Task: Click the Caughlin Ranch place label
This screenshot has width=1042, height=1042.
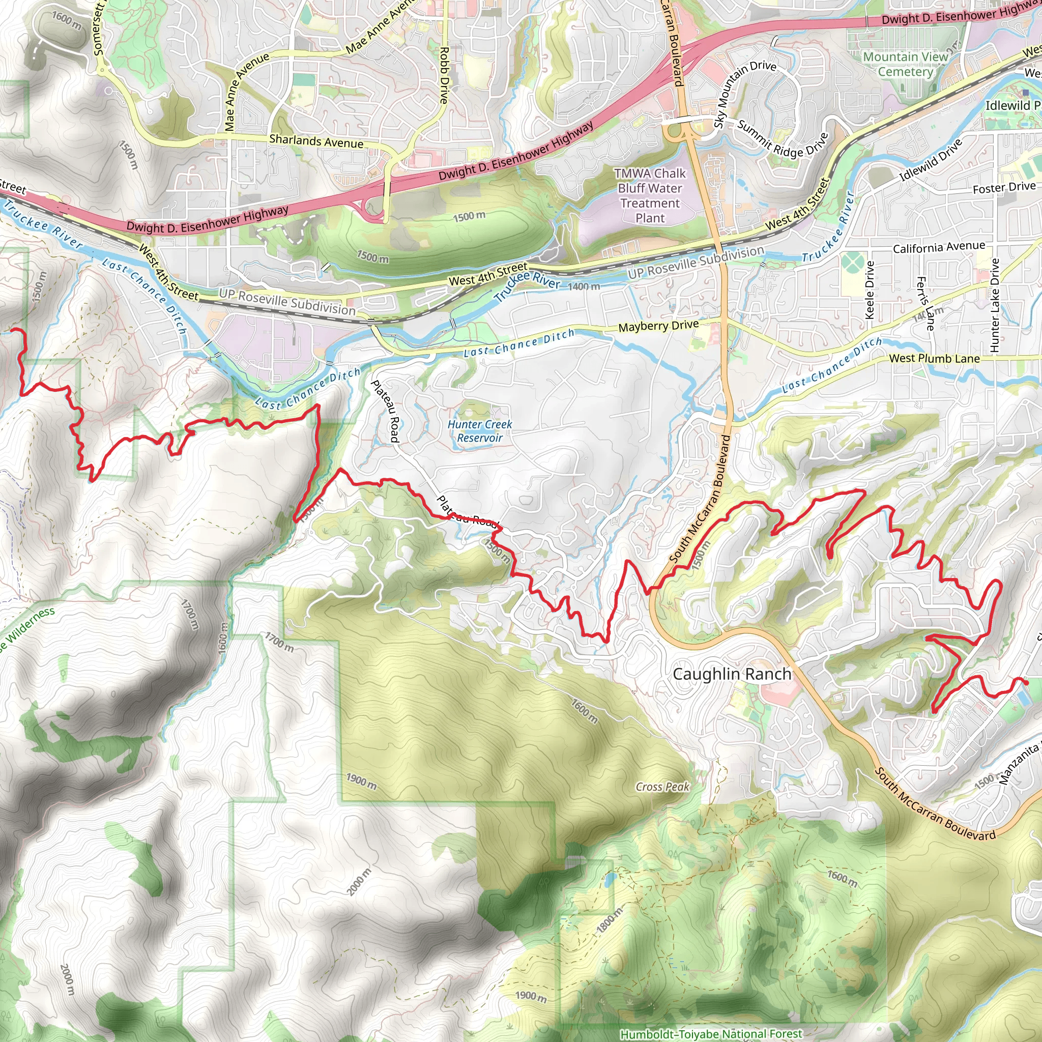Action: point(732,674)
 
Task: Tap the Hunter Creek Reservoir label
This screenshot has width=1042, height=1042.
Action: point(479,431)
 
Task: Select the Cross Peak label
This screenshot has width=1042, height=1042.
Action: point(662,787)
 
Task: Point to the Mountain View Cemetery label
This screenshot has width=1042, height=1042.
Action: point(905,64)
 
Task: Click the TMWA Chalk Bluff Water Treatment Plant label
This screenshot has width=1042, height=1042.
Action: point(650,195)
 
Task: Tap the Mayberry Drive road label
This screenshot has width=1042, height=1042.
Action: point(658,326)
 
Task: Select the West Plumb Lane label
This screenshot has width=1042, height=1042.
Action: point(934,359)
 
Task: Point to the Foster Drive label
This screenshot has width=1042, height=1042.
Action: point(1004,188)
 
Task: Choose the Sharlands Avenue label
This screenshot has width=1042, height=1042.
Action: point(316,141)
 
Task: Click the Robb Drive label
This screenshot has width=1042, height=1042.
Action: point(444,75)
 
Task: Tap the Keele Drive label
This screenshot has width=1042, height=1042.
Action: point(870,290)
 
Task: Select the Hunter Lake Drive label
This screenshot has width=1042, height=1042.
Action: point(995,305)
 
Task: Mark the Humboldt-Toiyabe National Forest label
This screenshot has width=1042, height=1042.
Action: point(711,1034)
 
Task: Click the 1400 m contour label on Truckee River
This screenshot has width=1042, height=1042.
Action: point(584,286)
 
